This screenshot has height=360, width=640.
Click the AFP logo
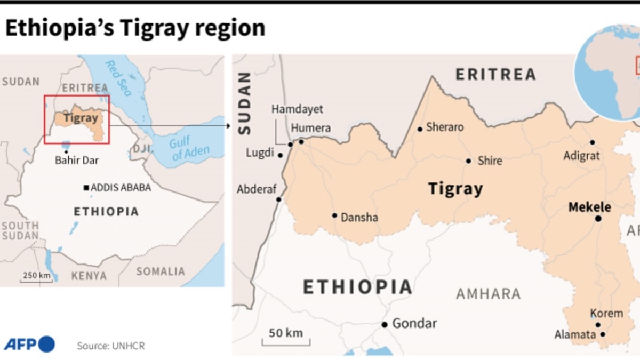[x=29, y=345]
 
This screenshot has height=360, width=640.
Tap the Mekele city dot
[x=598, y=219]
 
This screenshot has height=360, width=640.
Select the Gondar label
[x=414, y=323]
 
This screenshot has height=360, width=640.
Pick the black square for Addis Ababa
[x=86, y=188]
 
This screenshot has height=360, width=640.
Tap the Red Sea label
[x=118, y=78]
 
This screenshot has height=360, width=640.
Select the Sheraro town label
[x=444, y=127]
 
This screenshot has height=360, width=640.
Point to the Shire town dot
[x=468, y=161]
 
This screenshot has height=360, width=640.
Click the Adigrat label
[x=581, y=156]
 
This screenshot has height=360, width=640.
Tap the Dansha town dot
[x=334, y=215]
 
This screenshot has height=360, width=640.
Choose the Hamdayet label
[x=297, y=109]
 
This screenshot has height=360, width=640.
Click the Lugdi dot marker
[x=280, y=155]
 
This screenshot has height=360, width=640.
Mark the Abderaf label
[x=255, y=189]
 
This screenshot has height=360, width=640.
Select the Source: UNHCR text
[x=110, y=346]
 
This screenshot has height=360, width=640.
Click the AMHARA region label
[x=488, y=293]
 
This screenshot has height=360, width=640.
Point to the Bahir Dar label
[x=77, y=159]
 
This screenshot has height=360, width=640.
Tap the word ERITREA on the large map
[x=495, y=74]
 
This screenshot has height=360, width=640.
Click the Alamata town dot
[x=603, y=334]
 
